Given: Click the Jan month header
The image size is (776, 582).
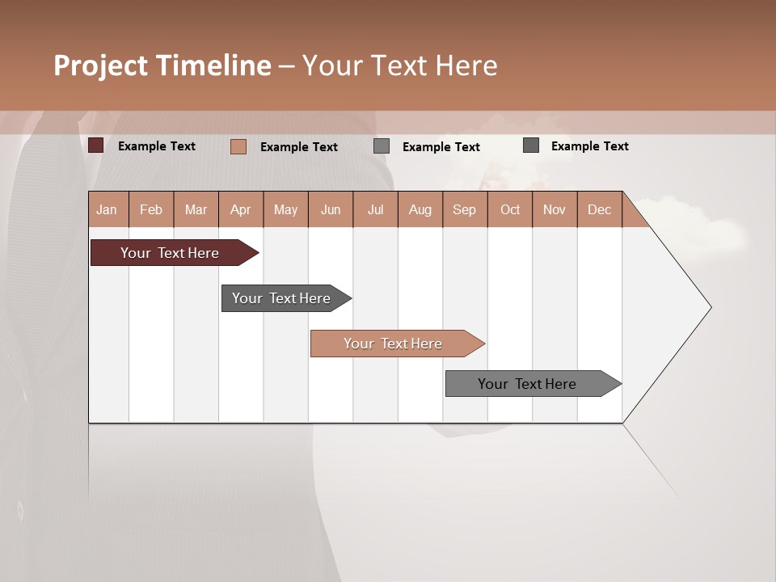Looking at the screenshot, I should click(107, 209).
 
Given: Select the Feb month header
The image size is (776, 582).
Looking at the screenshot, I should click(151, 209).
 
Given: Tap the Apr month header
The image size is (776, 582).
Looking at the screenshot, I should click(240, 209).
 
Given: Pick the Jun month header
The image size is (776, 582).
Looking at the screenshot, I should click(331, 209).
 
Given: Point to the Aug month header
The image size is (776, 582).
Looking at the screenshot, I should click(420, 209).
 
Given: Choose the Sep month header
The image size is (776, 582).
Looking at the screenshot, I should click(464, 209).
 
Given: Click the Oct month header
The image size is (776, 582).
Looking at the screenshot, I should click(510, 209).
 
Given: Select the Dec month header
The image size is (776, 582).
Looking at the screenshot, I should click(599, 209).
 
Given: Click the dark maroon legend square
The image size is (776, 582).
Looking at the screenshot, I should click(96, 145).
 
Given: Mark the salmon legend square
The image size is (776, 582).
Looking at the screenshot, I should click(238, 146).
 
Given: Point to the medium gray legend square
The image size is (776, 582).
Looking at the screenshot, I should click(382, 146).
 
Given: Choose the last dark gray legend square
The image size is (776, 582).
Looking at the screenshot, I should click(531, 145).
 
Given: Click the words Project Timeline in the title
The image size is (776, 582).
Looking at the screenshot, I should click(162, 65).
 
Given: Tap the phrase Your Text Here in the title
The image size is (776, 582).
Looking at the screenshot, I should click(399, 65).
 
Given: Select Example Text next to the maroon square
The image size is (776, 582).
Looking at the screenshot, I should click(157, 146).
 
